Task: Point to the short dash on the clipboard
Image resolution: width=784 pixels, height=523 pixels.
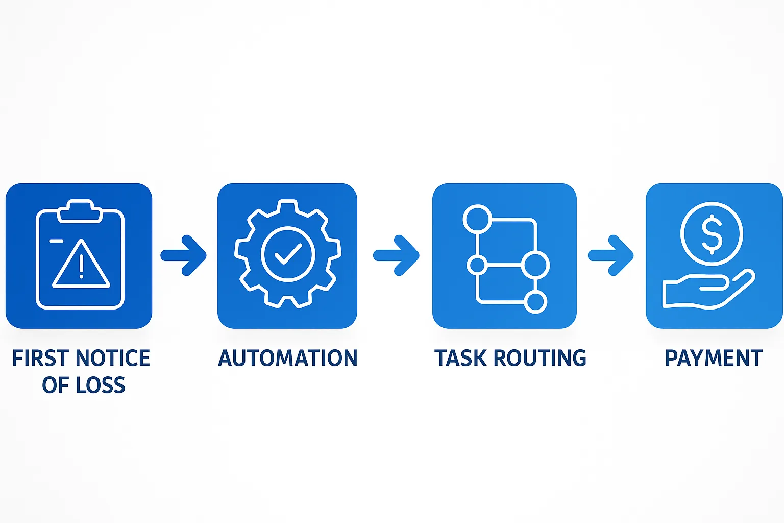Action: (56, 240)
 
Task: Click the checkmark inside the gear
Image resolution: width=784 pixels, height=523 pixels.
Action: (288, 253)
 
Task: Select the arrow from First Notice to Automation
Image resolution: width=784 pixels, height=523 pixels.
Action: (184, 255)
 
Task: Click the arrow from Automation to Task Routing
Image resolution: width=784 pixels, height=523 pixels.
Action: (397, 255)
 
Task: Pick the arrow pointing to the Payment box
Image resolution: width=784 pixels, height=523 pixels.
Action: (611, 255)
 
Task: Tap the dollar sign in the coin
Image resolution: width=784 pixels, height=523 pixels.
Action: (712, 234)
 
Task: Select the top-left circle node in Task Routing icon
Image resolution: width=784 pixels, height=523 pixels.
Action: (477, 219)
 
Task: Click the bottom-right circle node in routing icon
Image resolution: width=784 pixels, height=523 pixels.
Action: (535, 301)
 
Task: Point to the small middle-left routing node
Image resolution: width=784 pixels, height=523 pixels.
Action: (477, 265)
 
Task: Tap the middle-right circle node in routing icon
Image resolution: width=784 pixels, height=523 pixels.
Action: (535, 265)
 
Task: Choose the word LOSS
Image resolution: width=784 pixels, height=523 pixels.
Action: (101, 385)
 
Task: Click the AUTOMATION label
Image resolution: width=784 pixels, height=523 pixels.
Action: (288, 359)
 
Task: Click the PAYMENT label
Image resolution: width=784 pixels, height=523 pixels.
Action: (714, 359)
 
